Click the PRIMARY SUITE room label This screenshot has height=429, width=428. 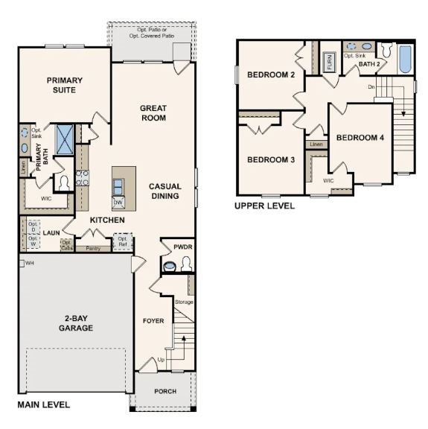pos(64,85)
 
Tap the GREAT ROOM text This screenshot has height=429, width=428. pos(153,113)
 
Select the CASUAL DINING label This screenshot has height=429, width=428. pos(165,191)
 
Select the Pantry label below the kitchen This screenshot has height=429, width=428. pos(93,248)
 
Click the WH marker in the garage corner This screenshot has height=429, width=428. pos(29,263)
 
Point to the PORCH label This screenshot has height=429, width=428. pos(165,391)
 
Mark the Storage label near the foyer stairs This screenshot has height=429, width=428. pos(184,302)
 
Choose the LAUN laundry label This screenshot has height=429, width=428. pos(51,232)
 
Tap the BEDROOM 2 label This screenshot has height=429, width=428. pos(272,74)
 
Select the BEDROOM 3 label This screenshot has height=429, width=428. pos(271,159)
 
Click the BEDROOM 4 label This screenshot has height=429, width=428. pos(360,138)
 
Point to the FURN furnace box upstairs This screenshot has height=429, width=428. pos(330,62)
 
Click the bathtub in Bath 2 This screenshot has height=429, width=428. pos(404,60)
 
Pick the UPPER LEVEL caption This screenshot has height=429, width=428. pos(264,206)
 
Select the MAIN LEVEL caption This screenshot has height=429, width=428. pos(43,405)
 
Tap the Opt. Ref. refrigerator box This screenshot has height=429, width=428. pos(123,242)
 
